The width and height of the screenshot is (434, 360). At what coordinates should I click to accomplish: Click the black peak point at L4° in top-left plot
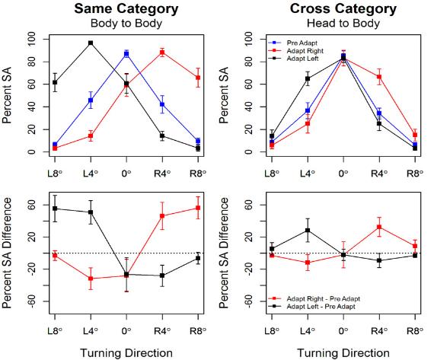91,43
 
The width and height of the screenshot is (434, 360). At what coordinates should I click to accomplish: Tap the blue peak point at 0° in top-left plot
126,53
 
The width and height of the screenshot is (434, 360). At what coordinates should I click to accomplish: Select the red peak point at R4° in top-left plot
162,53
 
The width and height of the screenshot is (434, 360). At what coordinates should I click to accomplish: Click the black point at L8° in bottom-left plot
54,209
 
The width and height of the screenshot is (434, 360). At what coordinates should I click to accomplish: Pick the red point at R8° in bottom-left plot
198,208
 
